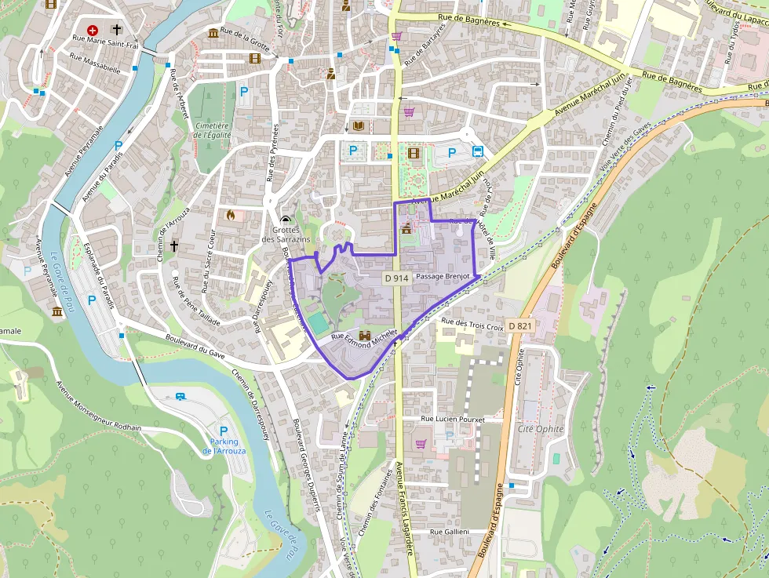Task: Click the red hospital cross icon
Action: point(93,29)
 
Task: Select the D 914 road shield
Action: point(397,278)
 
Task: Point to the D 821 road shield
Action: point(520,325)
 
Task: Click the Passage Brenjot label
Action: point(443,277)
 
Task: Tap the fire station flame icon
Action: point(231,213)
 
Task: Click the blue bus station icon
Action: point(477,151)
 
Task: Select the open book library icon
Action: point(359,126)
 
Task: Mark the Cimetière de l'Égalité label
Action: point(212,129)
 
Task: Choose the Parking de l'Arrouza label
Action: point(224,446)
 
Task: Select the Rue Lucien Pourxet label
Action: point(453,420)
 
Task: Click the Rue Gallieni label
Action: point(449,532)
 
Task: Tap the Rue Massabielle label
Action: point(95,63)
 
